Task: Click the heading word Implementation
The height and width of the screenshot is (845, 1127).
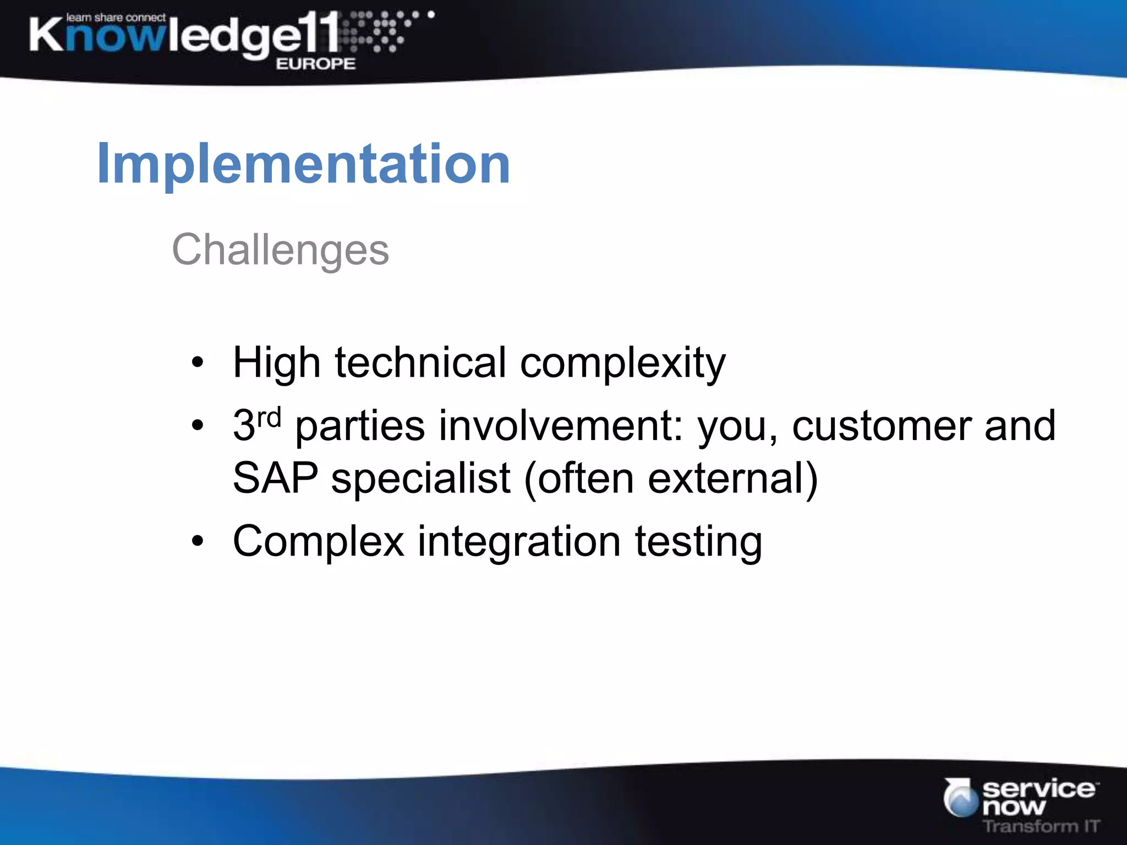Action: point(303,164)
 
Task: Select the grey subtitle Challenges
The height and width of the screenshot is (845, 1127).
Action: point(280,250)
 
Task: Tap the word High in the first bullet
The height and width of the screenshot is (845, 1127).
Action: point(276,363)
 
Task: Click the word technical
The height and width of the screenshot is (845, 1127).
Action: point(420,363)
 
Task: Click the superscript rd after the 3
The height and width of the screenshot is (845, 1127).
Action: point(269,418)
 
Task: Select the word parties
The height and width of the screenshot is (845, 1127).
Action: point(360,427)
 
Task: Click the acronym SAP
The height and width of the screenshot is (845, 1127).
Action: point(275,478)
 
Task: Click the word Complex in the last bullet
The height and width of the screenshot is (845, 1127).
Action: point(319,542)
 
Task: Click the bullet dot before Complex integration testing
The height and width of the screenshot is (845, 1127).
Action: point(197,542)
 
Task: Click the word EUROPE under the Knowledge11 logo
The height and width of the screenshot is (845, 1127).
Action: point(315,64)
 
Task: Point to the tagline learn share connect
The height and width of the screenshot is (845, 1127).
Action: point(116,18)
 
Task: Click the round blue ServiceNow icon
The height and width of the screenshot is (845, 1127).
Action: point(961,798)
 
